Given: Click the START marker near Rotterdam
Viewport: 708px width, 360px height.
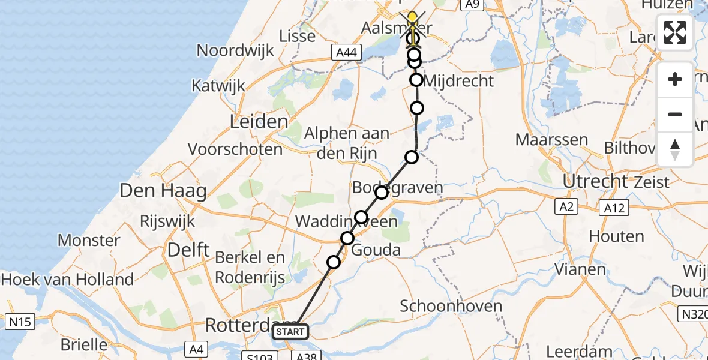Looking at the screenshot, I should tap(291, 332).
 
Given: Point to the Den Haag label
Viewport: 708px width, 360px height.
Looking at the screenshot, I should tap(164, 191).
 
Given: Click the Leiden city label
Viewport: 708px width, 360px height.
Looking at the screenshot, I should tap(259, 122).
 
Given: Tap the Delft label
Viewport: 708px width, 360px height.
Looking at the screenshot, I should tap(188, 250).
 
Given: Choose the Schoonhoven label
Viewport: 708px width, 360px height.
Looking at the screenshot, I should tap(451, 306).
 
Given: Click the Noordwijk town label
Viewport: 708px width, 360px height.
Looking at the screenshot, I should tap(235, 50).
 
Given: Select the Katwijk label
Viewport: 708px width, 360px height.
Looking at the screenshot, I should tap(219, 85).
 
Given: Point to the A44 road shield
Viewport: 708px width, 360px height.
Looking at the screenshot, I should tap(347, 53).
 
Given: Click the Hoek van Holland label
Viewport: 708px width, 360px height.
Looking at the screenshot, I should tap(67, 280).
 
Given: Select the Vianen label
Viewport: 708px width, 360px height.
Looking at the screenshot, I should tap(580, 269).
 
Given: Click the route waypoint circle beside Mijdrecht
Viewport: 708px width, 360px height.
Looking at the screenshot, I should tap(416, 80).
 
